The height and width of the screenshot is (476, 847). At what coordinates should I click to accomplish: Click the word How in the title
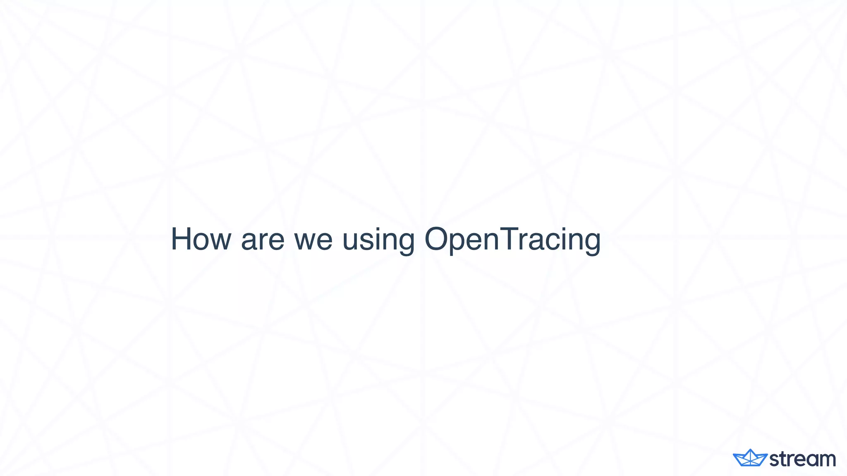(x=201, y=239)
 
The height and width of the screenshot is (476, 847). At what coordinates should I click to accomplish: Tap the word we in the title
(x=313, y=240)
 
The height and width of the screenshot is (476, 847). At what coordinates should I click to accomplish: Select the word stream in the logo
(x=802, y=459)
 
